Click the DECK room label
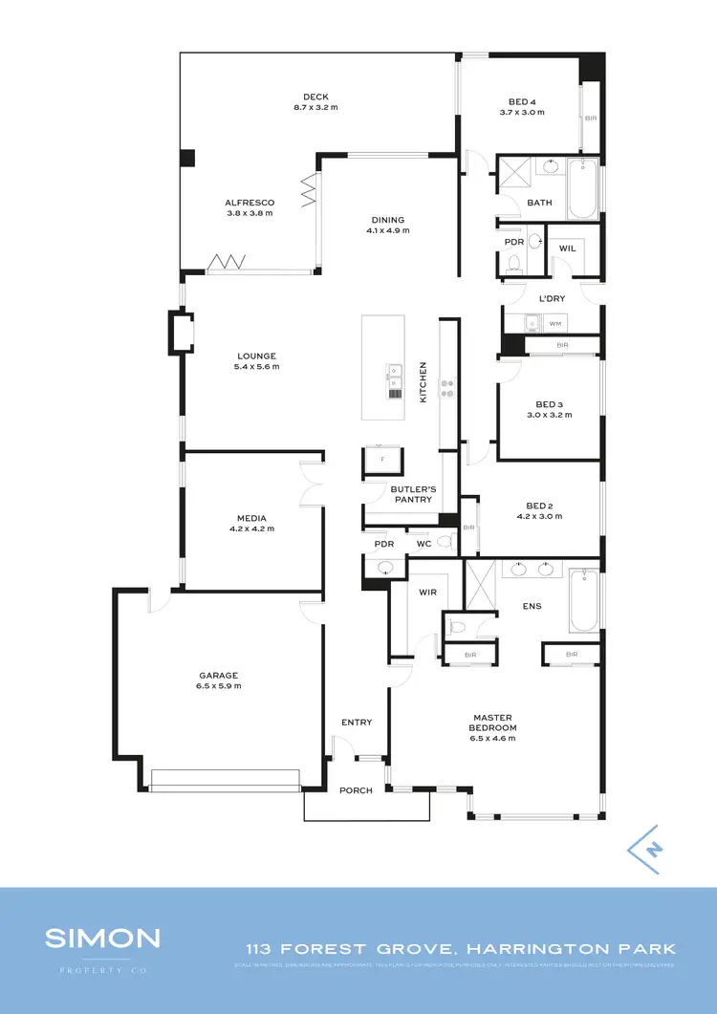point(315,97)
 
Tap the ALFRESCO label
point(250,203)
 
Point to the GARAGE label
point(219,675)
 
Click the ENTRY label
point(357,723)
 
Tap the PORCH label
point(357,791)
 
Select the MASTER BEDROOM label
point(492,723)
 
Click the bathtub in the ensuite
point(584,601)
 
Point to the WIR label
point(427,593)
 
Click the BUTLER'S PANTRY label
point(412,494)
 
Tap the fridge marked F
point(382,460)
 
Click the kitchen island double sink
point(394,378)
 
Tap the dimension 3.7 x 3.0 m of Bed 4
point(522,112)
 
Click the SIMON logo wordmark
point(102,938)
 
